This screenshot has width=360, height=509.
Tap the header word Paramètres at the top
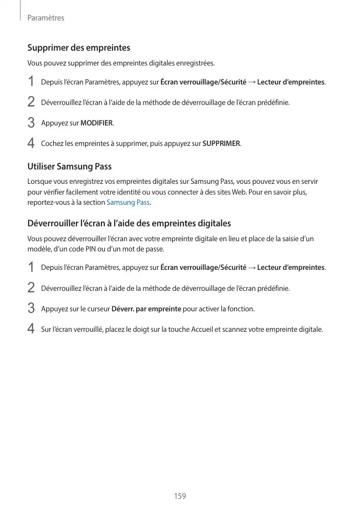pos(46,18)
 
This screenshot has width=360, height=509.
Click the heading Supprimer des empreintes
pos(78,48)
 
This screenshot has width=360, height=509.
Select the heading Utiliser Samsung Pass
pos(69,166)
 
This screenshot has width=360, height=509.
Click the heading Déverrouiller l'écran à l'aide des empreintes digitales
pos(129,223)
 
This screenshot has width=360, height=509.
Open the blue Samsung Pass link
pos(128,202)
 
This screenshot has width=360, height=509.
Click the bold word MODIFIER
pos(97,123)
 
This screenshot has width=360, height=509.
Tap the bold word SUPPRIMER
pos(221,143)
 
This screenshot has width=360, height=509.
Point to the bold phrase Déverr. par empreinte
pos(146,309)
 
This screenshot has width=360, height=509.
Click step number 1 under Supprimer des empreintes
pos(31,82)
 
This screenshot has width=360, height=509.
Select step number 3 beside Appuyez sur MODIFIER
pos(31,123)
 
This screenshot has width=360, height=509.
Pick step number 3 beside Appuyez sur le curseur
pos(31,309)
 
